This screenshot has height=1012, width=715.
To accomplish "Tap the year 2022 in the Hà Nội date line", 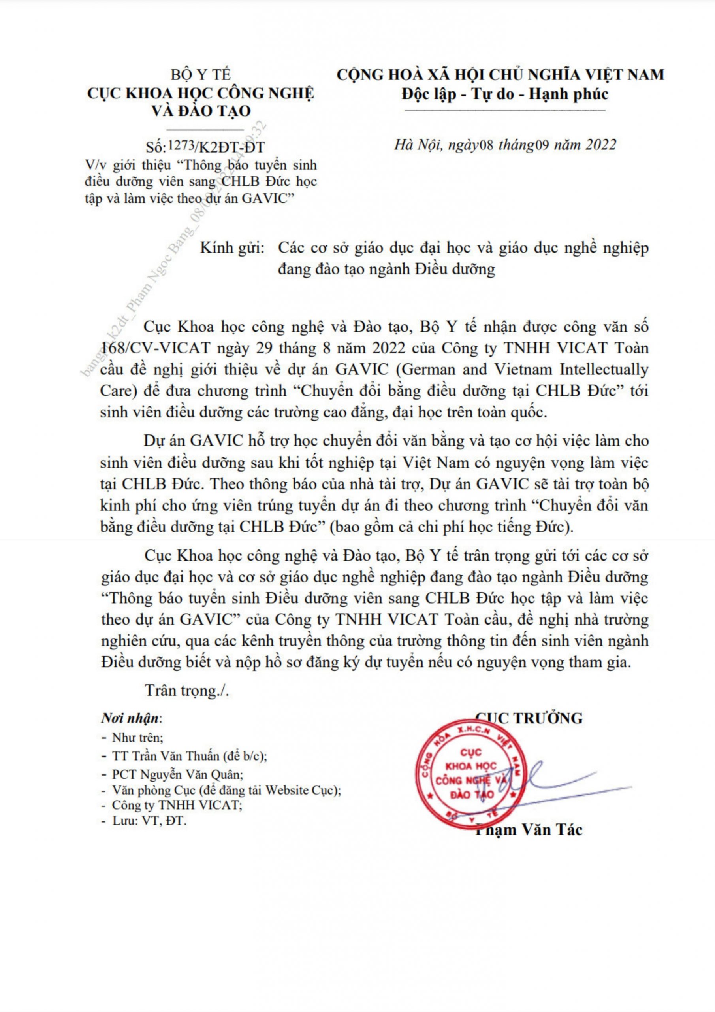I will [x=600, y=145].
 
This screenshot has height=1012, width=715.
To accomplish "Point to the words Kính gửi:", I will [x=232, y=248].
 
